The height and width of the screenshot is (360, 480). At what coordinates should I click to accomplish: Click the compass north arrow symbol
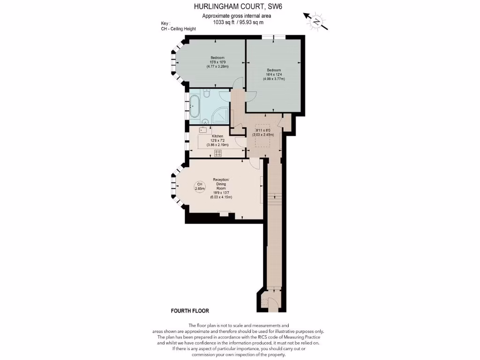point(316,21)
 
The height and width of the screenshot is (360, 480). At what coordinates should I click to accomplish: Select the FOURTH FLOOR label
point(190,311)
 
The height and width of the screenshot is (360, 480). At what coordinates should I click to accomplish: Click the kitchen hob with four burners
point(218,153)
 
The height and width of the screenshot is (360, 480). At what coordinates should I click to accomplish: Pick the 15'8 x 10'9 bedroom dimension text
point(217,62)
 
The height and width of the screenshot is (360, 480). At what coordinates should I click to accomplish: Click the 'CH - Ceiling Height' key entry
point(178,29)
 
